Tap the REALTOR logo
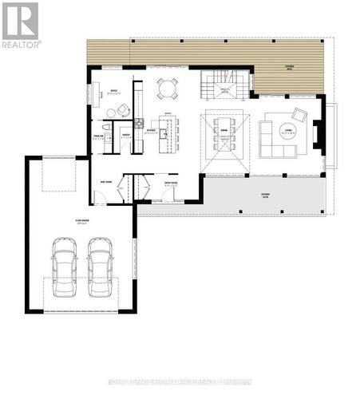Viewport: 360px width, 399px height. [20, 24]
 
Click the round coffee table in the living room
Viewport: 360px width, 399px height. [288, 129]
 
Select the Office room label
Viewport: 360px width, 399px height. [114, 90]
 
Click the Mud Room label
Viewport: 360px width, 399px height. [105, 182]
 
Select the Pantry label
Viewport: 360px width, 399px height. [125, 136]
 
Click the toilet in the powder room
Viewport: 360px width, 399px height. [106, 126]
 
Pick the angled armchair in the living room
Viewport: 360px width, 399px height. [299, 114]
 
